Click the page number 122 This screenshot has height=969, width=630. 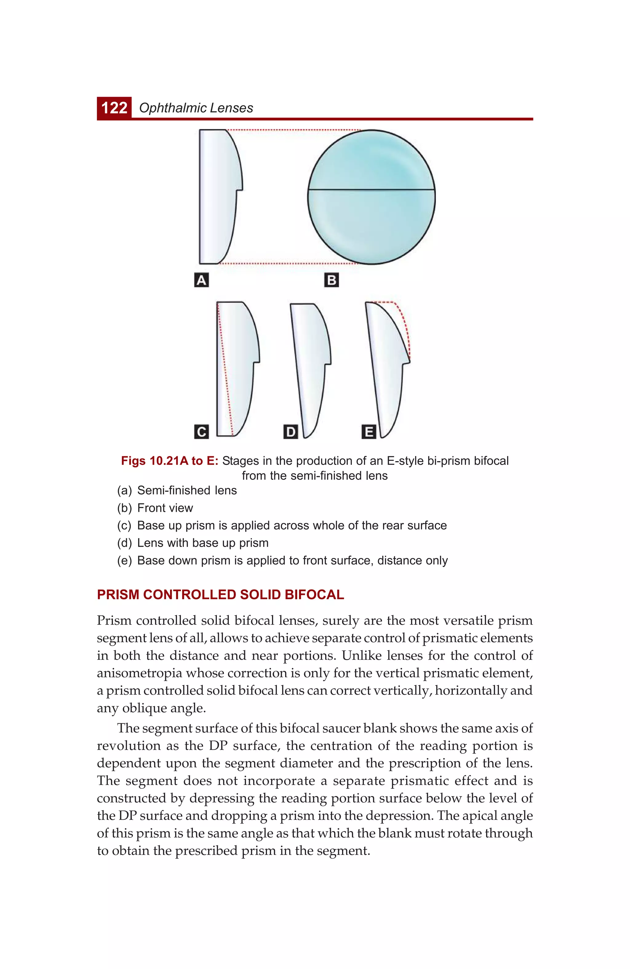pyautogui.click(x=114, y=108)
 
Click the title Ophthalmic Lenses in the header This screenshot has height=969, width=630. pyautogui.click(x=196, y=108)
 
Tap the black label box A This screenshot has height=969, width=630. pyautogui.click(x=201, y=281)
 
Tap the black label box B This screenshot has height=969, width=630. pyautogui.click(x=332, y=281)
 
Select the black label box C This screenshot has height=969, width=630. pyautogui.click(x=201, y=432)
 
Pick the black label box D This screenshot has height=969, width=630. pyautogui.click(x=291, y=432)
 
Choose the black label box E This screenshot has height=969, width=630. pyautogui.click(x=369, y=432)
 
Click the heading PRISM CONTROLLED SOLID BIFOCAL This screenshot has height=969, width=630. pyautogui.click(x=220, y=595)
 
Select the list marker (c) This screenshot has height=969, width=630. pyautogui.click(x=124, y=526)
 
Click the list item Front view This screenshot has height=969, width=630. pyautogui.click(x=165, y=508)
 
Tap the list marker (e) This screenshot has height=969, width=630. pyautogui.click(x=124, y=560)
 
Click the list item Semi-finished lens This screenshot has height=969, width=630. pyautogui.click(x=187, y=490)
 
